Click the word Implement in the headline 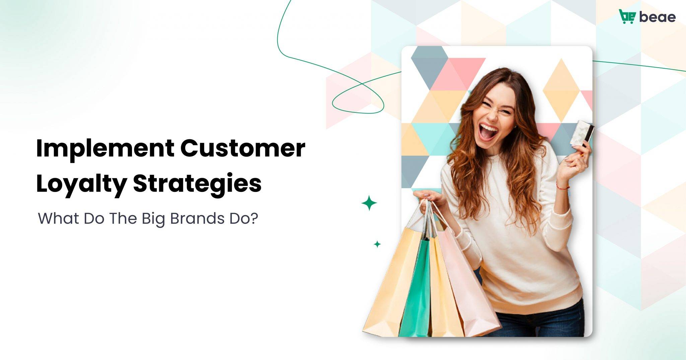pos(105,149)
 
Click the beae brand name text pos(657,17)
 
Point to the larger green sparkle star pos(369,203)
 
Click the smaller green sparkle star pos(377,244)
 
